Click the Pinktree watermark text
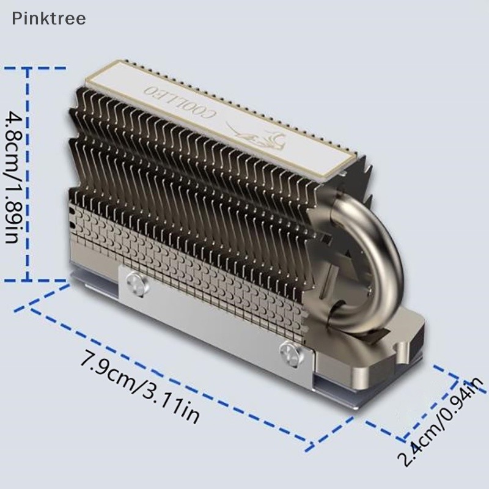click(49, 18)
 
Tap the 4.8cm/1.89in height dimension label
click(13, 177)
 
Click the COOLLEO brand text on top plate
click(180, 102)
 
